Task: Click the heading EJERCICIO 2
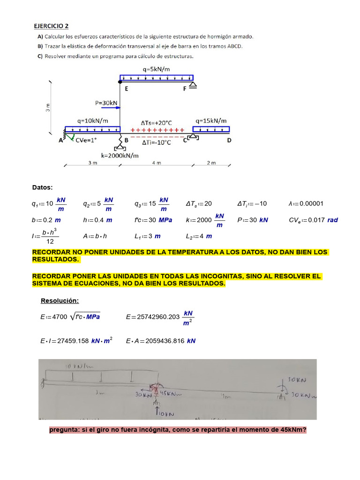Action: (52, 26)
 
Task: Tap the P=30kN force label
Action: (106, 103)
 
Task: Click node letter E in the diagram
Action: (126, 88)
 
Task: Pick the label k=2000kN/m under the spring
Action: (120, 155)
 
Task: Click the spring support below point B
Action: (120, 142)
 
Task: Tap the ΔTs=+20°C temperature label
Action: (157, 121)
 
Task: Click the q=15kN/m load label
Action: (211, 121)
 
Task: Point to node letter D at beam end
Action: (229, 140)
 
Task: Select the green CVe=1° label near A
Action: (87, 140)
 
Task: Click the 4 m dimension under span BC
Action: (156, 163)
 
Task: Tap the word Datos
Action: (42, 187)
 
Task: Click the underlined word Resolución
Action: (60, 300)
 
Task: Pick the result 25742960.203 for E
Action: (159, 317)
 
